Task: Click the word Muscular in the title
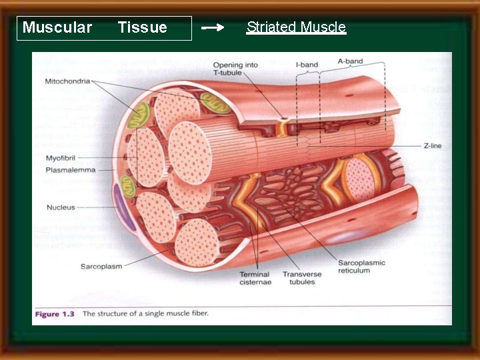[57, 27]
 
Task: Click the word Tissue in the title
[142, 27]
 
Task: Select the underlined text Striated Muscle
[296, 27]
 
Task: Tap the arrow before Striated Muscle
[213, 28]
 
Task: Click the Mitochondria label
[67, 81]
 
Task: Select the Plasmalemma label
[70, 170]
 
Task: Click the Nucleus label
[61, 207]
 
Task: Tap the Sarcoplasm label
[101, 267]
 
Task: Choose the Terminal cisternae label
[255, 278]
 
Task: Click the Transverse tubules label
[302, 278]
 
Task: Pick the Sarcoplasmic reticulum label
[361, 267]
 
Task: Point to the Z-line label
[432, 146]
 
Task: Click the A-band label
[350, 61]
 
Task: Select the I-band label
[307, 65]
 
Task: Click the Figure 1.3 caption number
[56, 313]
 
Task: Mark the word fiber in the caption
[197, 313]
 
